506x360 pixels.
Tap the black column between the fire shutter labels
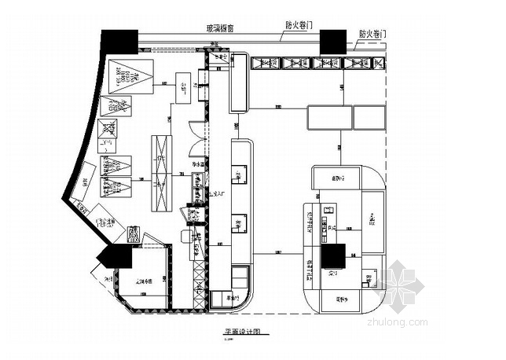332,42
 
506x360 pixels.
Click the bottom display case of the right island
340,300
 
